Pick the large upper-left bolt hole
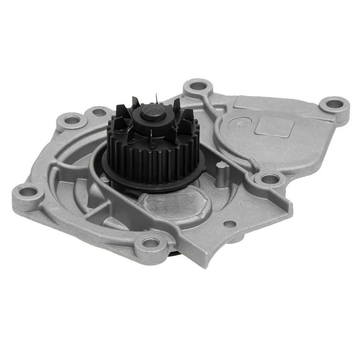(x=72, y=120)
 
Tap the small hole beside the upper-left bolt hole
(x=99, y=111)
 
